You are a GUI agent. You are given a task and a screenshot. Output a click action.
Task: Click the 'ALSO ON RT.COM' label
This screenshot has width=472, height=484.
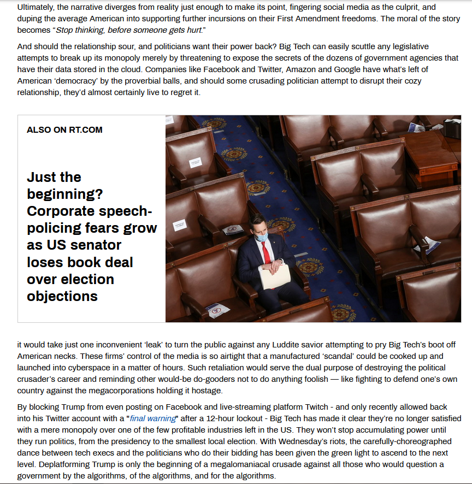(x=64, y=130)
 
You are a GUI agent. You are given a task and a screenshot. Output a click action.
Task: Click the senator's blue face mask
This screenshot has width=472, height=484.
(x=262, y=237)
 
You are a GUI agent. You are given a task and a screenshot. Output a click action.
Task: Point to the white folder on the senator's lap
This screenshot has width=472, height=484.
(x=275, y=275)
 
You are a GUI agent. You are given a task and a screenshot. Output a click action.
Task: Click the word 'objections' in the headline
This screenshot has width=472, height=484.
(x=62, y=296)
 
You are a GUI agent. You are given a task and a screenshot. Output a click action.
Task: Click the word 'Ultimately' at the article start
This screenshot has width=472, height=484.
(x=36, y=7)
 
